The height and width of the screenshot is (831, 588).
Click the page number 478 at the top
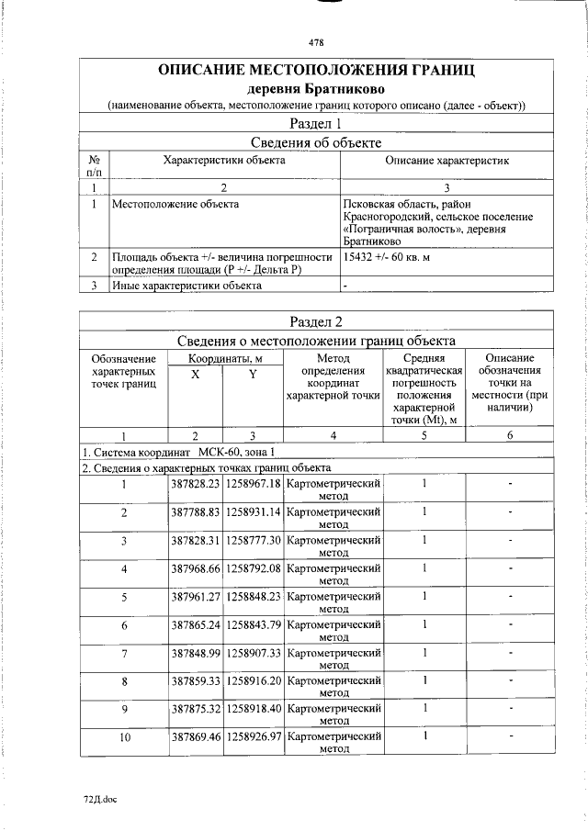[x=316, y=42]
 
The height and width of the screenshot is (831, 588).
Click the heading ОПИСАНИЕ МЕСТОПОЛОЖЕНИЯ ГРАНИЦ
[x=316, y=71]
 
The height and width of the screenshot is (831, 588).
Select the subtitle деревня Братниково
[x=316, y=89]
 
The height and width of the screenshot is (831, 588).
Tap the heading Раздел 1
[x=316, y=123]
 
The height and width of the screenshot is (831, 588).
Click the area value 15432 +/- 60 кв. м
[x=386, y=257]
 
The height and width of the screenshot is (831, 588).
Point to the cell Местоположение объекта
[x=175, y=203]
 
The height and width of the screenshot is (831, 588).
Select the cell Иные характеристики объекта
[x=187, y=285]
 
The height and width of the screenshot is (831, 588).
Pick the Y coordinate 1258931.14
[x=254, y=511]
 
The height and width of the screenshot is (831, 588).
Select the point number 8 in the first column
[x=123, y=680]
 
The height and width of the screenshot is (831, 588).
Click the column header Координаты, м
[x=226, y=357]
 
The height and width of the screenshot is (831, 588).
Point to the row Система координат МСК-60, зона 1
[x=178, y=452]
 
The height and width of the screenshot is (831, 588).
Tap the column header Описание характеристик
[x=447, y=160]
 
